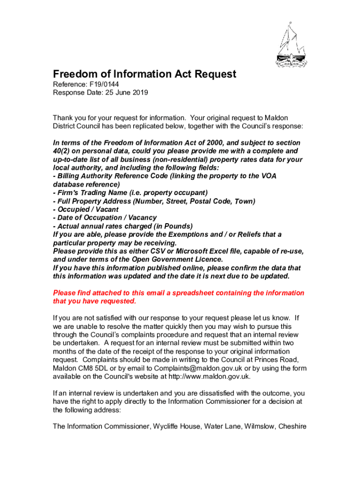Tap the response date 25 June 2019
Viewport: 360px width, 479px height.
pos(126,93)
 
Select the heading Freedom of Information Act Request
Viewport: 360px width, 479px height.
pos(144,74)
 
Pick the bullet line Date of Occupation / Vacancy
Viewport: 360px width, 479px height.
pos(105,218)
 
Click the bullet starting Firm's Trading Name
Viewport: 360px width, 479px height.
pos(130,193)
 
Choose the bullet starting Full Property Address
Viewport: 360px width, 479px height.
pos(154,201)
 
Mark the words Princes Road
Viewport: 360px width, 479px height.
pos(278,360)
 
